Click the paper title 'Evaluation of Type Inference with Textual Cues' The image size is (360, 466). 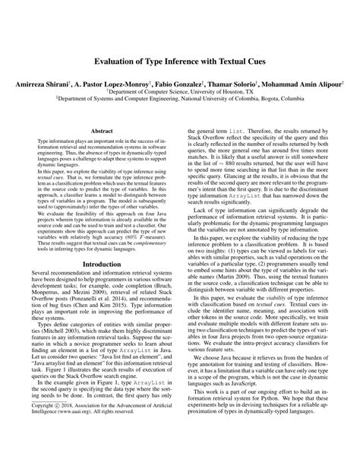180,60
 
